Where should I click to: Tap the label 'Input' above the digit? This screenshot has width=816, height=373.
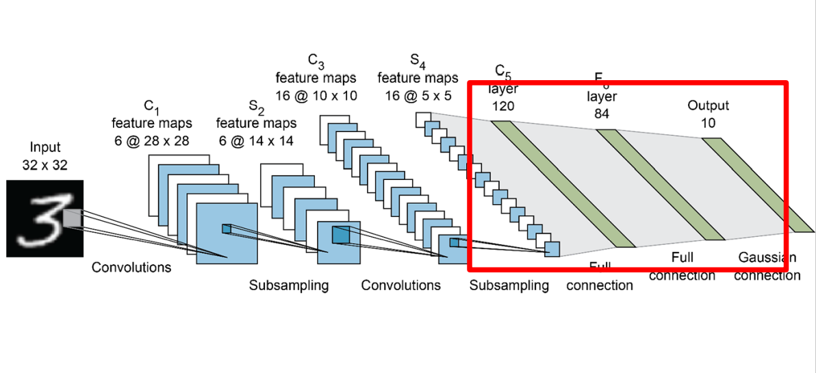pos(45,147)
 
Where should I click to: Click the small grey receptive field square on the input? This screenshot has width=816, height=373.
pos(72,217)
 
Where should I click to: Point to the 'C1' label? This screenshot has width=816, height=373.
pos(151,106)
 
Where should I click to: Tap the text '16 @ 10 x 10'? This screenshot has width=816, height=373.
pos(316,95)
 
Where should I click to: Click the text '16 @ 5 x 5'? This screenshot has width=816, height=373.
pos(418,95)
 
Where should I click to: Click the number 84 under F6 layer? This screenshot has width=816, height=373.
pos(602,113)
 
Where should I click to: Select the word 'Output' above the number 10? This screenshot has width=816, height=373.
pos(708,105)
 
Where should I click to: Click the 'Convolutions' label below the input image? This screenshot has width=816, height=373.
pos(131,267)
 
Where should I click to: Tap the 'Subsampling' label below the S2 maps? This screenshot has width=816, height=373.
pos(288,285)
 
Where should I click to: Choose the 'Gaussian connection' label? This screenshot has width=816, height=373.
pos(768,267)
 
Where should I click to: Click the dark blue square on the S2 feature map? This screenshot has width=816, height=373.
pos(340,235)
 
